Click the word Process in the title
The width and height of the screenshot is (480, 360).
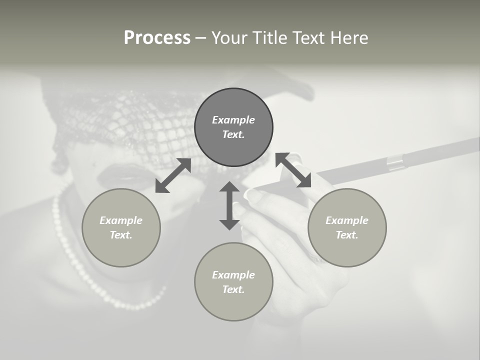coord(157,38)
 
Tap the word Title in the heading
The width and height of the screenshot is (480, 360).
coord(270,38)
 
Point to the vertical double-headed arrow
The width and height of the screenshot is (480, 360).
coord(229,205)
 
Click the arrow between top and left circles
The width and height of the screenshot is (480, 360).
coord(173,175)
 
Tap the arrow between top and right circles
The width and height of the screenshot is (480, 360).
coord(293,170)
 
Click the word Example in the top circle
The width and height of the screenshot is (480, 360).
coord(233,120)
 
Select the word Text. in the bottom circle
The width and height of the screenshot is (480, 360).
coord(233,289)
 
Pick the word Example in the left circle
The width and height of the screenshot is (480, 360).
coord(121,220)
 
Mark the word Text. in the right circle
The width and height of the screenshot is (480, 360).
coord(347,235)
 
